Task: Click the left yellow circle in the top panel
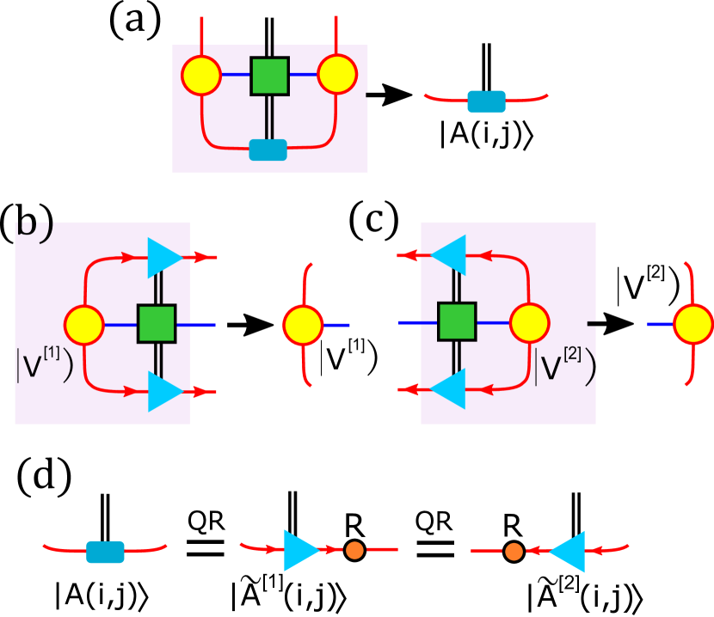201,75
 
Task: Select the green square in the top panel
269,76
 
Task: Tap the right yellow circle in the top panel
337,74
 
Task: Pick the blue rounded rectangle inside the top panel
268,150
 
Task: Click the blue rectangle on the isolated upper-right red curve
487,101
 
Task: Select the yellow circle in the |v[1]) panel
84,326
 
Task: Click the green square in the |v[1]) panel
157,324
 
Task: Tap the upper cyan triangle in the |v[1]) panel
163,257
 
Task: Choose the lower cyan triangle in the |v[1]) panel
163,391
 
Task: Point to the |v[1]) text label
44,363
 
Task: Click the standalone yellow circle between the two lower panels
303,326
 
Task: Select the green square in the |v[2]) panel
456,321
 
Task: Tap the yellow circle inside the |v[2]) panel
529,323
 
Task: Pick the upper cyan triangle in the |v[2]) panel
450,255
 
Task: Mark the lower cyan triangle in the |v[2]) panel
450,388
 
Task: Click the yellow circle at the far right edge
692,325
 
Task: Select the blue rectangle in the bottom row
105,552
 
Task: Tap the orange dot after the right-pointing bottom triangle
354,550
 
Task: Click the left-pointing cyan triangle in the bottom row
569,551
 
